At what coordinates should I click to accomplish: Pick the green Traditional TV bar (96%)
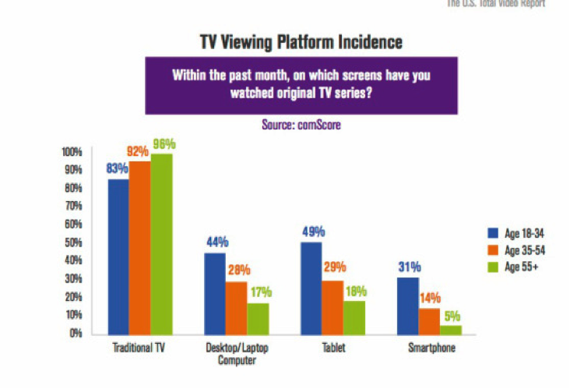162,243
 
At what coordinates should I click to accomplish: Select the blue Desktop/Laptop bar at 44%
215,292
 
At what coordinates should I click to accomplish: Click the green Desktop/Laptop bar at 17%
259,317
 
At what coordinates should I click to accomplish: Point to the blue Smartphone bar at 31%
407,305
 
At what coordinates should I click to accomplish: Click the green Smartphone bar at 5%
451,328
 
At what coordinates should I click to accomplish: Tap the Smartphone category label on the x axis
429,348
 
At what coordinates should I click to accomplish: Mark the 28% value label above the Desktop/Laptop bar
238,271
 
